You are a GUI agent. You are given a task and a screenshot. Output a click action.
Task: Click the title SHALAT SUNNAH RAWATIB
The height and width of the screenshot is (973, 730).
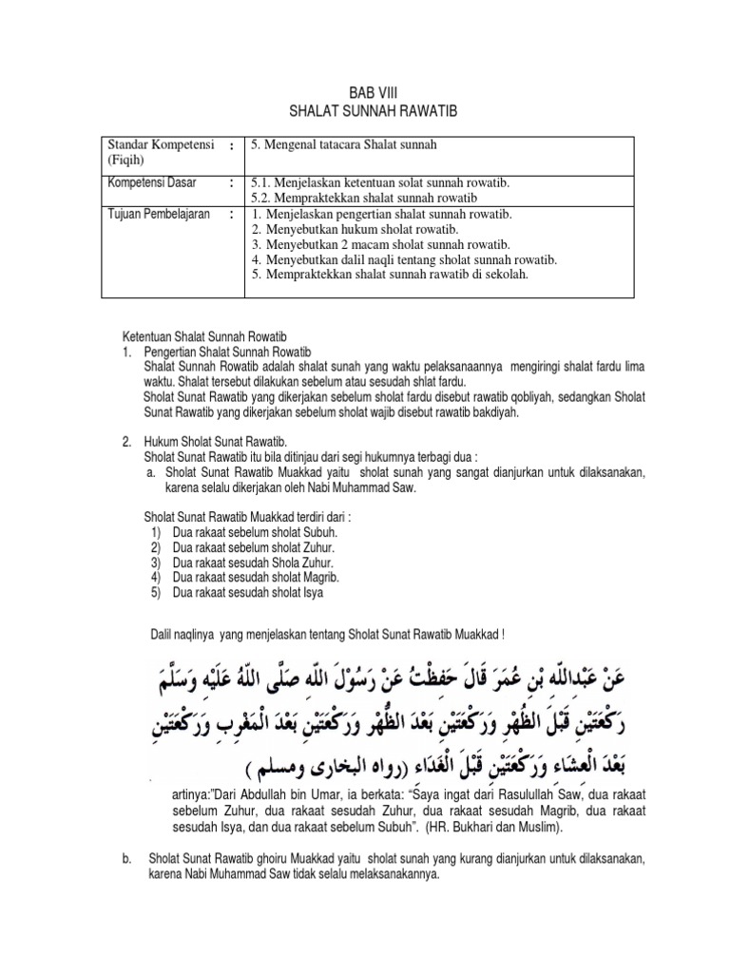pyautogui.click(x=366, y=112)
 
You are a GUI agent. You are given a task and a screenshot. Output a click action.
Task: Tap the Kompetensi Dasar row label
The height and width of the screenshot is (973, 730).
pyautogui.click(x=151, y=182)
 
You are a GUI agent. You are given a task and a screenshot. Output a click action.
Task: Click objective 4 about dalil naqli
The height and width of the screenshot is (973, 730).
pyautogui.click(x=403, y=259)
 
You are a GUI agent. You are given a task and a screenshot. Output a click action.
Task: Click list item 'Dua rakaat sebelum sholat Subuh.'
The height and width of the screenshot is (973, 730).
pyautogui.click(x=255, y=533)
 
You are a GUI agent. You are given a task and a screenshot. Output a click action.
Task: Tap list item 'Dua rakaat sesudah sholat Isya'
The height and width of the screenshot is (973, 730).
pyautogui.click(x=248, y=592)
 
